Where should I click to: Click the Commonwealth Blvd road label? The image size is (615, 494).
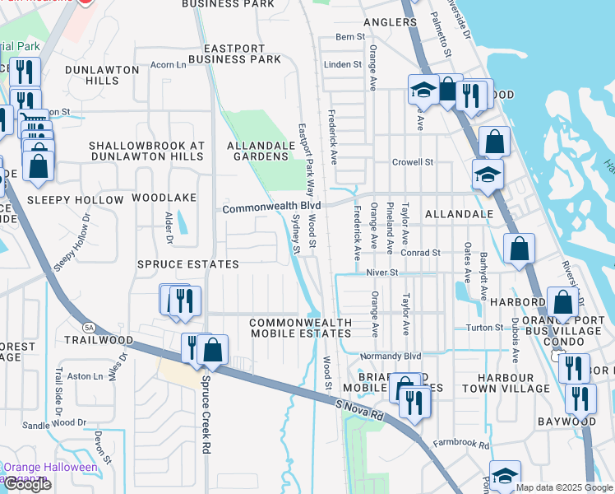coord(271,209)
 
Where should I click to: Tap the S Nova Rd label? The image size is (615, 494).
coord(359,411)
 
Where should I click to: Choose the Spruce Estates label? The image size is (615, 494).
coord(187,264)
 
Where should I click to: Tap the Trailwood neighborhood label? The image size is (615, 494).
coord(99,339)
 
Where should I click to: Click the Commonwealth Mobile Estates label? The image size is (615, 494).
coord(300,328)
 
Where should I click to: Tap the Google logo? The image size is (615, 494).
coord(27,484)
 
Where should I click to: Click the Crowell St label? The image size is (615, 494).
coord(412,162)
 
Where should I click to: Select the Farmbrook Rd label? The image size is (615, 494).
coord(461,445)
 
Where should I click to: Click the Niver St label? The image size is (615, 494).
coord(381,272)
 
